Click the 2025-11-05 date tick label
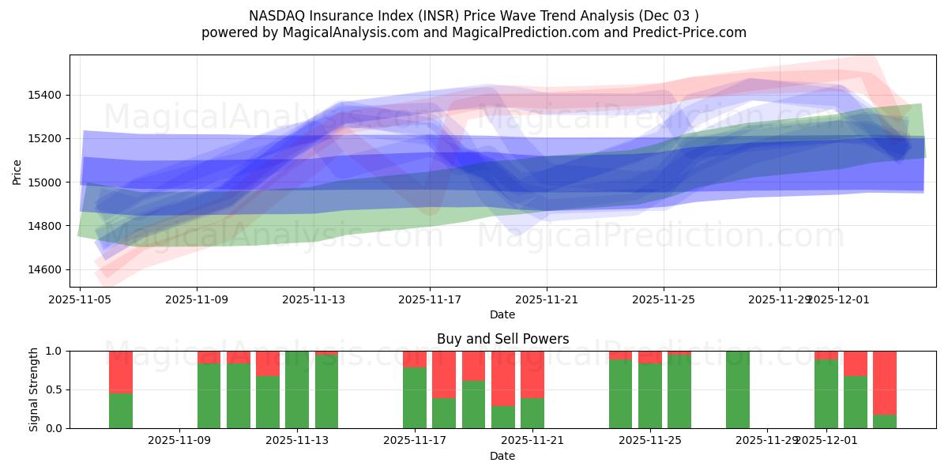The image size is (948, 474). coord(80,299)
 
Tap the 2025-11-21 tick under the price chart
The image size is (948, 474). coord(546,299)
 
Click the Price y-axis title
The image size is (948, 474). coord(17,171)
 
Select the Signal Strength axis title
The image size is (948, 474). coord(33,389)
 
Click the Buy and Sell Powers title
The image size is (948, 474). coord(502,339)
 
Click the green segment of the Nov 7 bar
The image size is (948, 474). coord(121,411)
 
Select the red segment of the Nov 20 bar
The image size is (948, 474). coord(503,378)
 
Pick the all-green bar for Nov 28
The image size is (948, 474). coord(738,389)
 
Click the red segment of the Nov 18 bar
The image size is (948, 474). coord(444,374)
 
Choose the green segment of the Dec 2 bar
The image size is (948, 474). coord(856,402)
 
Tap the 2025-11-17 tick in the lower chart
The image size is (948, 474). coord(415,440)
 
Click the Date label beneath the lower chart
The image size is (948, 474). coord(502,456)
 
